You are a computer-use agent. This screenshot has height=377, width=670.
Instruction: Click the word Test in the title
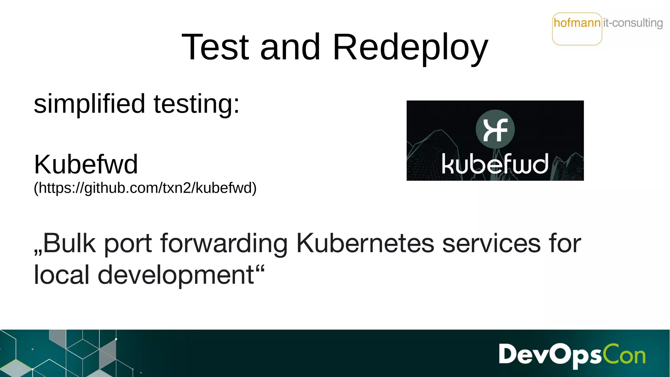coord(215,47)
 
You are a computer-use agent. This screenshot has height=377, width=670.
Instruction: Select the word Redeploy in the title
coord(410,48)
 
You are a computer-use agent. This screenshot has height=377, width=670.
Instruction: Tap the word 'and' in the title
coord(290,47)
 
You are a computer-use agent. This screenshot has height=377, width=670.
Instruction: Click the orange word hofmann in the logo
coord(577,23)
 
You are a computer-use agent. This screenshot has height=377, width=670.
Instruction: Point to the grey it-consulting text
coord(633,23)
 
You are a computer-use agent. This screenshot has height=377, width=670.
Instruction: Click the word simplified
coord(89,104)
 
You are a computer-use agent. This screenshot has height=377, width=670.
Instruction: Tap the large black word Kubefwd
coord(86,164)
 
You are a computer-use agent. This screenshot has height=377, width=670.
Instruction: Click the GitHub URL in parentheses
coord(145,188)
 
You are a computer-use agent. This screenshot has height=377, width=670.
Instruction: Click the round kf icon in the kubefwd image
coord(495,129)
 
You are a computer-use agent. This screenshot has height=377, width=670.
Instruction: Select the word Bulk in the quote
coord(69,243)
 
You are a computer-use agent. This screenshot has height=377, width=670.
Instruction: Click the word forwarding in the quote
coord(224,244)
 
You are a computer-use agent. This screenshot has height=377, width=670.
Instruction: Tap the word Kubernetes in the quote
coord(365,243)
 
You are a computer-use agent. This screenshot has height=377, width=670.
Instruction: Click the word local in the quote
coord(62,275)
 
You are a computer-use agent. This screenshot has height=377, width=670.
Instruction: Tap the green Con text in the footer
coord(625,355)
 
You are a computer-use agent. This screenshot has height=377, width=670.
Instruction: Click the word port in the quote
coord(128,244)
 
